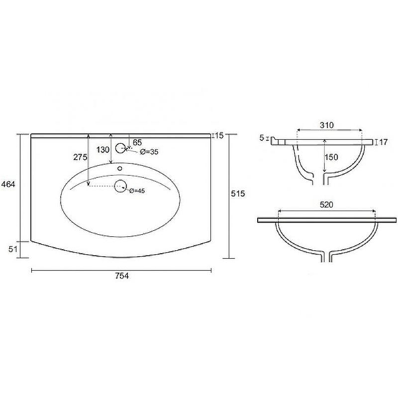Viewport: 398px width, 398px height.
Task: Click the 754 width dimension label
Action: click(x=122, y=276)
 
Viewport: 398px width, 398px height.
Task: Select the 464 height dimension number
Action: click(x=8, y=184)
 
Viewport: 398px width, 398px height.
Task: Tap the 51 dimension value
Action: click(x=13, y=249)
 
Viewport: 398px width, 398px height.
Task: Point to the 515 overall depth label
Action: click(x=238, y=194)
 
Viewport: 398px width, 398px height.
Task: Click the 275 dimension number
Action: click(x=80, y=157)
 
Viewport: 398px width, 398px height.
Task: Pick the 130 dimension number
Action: click(x=103, y=150)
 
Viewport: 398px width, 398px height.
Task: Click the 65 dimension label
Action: click(x=137, y=142)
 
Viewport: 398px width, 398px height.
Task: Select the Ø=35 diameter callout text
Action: click(x=149, y=152)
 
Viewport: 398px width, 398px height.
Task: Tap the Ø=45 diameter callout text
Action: click(x=137, y=191)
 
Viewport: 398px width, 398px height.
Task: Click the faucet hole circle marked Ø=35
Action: click(x=120, y=148)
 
